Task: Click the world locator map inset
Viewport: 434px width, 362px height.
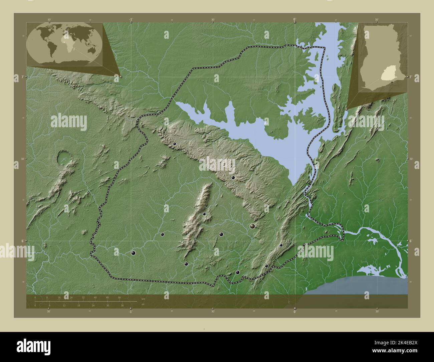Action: (x=64, y=44)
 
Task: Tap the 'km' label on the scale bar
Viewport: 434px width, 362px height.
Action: (x=143, y=299)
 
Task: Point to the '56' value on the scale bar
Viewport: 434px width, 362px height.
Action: (x=119, y=297)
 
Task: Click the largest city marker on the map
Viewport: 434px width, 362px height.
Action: (x=253, y=227)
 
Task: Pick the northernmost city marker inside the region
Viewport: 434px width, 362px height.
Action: (x=174, y=144)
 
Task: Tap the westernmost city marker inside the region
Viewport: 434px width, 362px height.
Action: (x=133, y=253)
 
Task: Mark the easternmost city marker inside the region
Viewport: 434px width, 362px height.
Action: (x=281, y=245)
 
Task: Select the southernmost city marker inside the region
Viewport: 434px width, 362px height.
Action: (x=238, y=273)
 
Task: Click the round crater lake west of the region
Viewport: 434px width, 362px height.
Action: (x=63, y=158)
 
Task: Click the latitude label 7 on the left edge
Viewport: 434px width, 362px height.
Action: (x=17, y=77)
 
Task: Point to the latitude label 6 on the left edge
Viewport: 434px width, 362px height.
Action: (x=17, y=241)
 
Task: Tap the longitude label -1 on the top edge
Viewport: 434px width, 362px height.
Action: (x=131, y=19)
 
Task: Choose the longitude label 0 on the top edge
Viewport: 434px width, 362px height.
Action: (x=294, y=19)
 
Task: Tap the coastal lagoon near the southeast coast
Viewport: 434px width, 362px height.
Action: (x=371, y=269)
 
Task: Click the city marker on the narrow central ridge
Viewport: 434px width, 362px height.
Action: (x=204, y=214)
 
